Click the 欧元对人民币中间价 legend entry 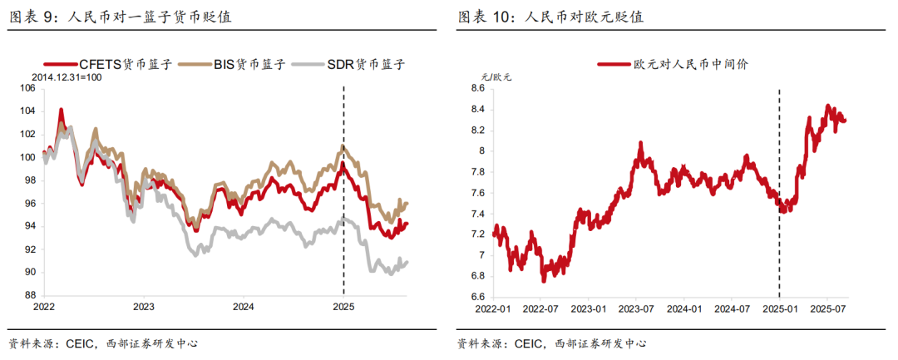pyautogui.click(x=673, y=65)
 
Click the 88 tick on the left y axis pyautogui.click(x=28, y=295)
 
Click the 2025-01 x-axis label pyautogui.click(x=779, y=308)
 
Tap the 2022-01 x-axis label pyautogui.click(x=493, y=308)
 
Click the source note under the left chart pyautogui.click(x=103, y=343)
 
